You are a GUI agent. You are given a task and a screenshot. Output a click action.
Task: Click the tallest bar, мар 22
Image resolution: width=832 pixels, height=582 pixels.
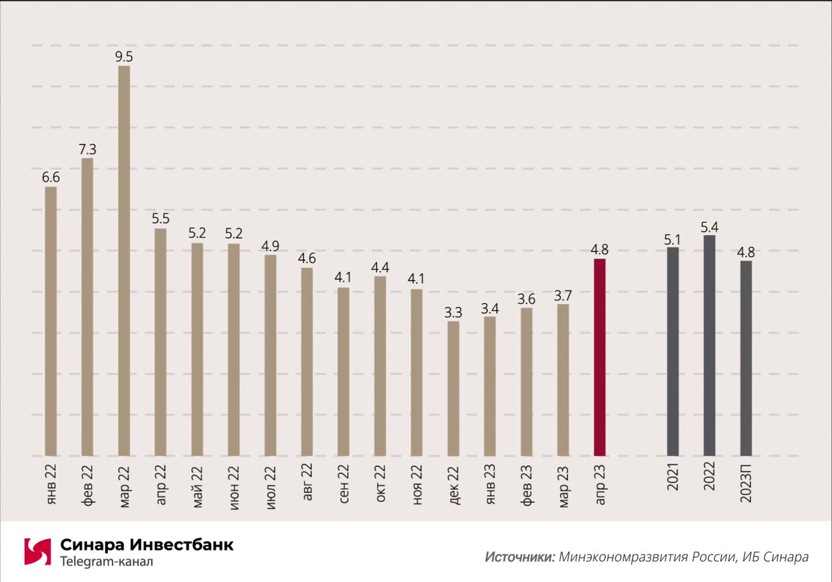tap(123, 260)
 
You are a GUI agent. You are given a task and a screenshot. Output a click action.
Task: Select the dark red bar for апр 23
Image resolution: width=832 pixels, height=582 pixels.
tap(599, 357)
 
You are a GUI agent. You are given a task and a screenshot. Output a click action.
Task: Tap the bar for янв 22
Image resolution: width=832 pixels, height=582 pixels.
tap(51, 322)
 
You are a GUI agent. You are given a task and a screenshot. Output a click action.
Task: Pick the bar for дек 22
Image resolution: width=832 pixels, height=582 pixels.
tap(453, 388)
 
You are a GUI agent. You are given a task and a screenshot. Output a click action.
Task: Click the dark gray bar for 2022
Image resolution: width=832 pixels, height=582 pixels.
tap(709, 345)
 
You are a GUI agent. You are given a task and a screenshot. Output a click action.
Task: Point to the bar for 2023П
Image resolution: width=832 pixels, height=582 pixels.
tap(746, 358)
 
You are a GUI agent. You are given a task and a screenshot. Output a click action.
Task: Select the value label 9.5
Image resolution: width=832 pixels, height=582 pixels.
tap(123, 56)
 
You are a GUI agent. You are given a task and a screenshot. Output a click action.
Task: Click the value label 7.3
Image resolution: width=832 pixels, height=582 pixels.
tap(87, 149)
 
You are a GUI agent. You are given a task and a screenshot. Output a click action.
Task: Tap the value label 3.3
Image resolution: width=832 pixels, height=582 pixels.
tap(453, 312)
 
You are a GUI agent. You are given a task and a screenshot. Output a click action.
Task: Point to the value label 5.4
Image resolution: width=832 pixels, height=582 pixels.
tap(709, 226)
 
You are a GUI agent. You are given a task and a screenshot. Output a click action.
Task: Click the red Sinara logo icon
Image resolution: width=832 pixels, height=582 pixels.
tap(38, 551)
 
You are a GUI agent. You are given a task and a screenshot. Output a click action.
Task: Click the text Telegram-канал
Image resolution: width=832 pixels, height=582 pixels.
tap(107, 561)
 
